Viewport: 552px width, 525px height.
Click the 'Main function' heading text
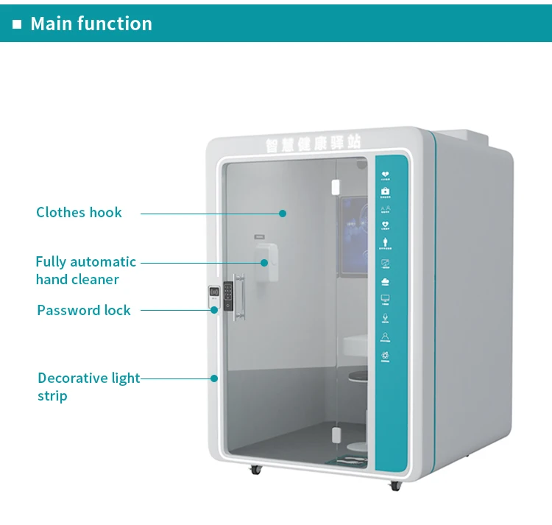coord(91,24)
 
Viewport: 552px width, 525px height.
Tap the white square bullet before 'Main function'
coord(17,24)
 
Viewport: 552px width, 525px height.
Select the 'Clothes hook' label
coord(79,213)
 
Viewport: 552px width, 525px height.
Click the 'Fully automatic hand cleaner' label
coord(85,270)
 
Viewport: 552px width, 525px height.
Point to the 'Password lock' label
coord(84,310)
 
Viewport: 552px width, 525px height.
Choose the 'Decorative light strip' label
coord(88,387)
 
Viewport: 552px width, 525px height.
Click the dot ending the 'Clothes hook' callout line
coord(282,214)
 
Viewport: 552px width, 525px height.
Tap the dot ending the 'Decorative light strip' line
coord(214,378)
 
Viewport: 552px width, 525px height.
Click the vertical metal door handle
coord(240,296)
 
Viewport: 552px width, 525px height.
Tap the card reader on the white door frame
coord(213,294)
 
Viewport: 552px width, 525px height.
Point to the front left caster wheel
coord(255,468)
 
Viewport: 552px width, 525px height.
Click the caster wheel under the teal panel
coord(394,485)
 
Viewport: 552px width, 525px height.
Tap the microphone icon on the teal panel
coord(386,318)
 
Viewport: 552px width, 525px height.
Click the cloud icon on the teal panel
coord(385,281)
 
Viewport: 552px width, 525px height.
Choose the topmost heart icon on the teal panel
coord(385,175)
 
